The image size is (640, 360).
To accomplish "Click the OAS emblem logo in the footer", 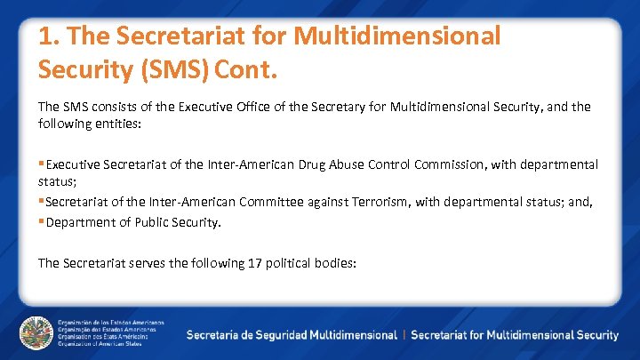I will pos(36,333).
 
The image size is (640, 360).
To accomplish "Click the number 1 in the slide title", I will pos(45,36).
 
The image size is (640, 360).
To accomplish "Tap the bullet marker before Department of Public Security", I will pos(41,222).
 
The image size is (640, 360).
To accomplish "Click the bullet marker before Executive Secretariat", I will pos(41,164).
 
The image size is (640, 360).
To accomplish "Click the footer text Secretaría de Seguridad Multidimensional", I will pos(292,335).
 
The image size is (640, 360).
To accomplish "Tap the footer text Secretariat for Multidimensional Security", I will pos(515,335).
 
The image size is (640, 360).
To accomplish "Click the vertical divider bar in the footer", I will pos(404,335).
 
